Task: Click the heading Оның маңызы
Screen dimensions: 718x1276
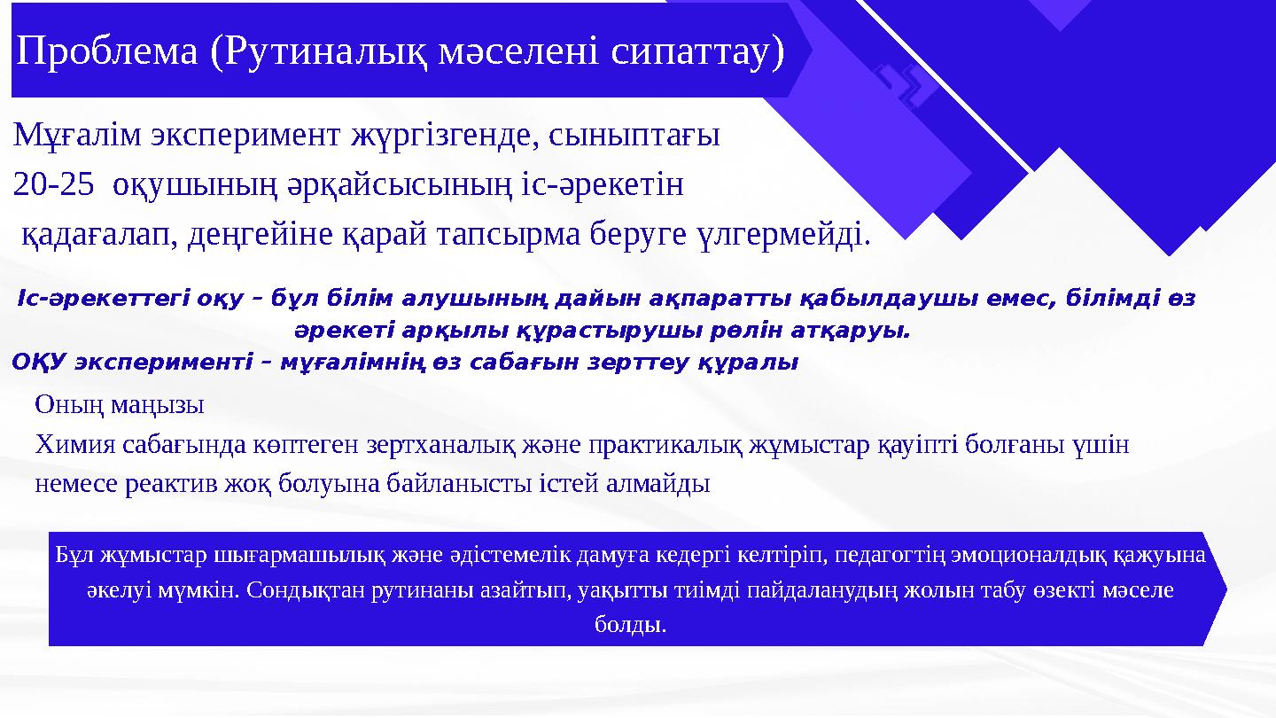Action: [120, 405]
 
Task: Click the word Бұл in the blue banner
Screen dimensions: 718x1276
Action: [74, 555]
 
